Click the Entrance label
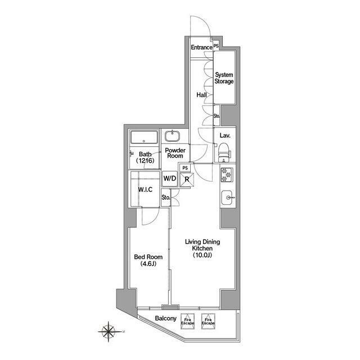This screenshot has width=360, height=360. click(x=201, y=47)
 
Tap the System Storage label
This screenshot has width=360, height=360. click(x=224, y=78)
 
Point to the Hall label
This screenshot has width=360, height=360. click(x=201, y=95)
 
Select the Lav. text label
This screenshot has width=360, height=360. click(x=225, y=136)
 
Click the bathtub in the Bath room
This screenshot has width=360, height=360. click(x=144, y=137)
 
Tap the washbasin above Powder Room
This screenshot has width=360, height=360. click(x=172, y=136)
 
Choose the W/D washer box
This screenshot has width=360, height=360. click(x=170, y=178)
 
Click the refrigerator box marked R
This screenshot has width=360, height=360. click(x=187, y=179)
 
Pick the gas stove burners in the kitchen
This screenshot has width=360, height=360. click(x=227, y=174)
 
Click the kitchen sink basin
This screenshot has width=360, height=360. click(x=228, y=197)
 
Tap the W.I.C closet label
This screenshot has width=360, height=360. click(x=145, y=190)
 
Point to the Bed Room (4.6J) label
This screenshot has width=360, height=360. click(x=148, y=260)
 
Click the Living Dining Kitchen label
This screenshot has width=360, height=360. click(x=202, y=248)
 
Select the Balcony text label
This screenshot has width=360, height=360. click(x=165, y=318)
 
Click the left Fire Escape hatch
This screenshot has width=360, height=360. click(x=187, y=321)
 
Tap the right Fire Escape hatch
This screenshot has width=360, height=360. click(x=208, y=321)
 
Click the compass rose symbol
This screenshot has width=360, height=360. click(x=109, y=331)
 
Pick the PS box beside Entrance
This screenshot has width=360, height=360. click(x=216, y=46)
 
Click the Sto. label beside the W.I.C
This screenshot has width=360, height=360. click(x=166, y=197)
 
